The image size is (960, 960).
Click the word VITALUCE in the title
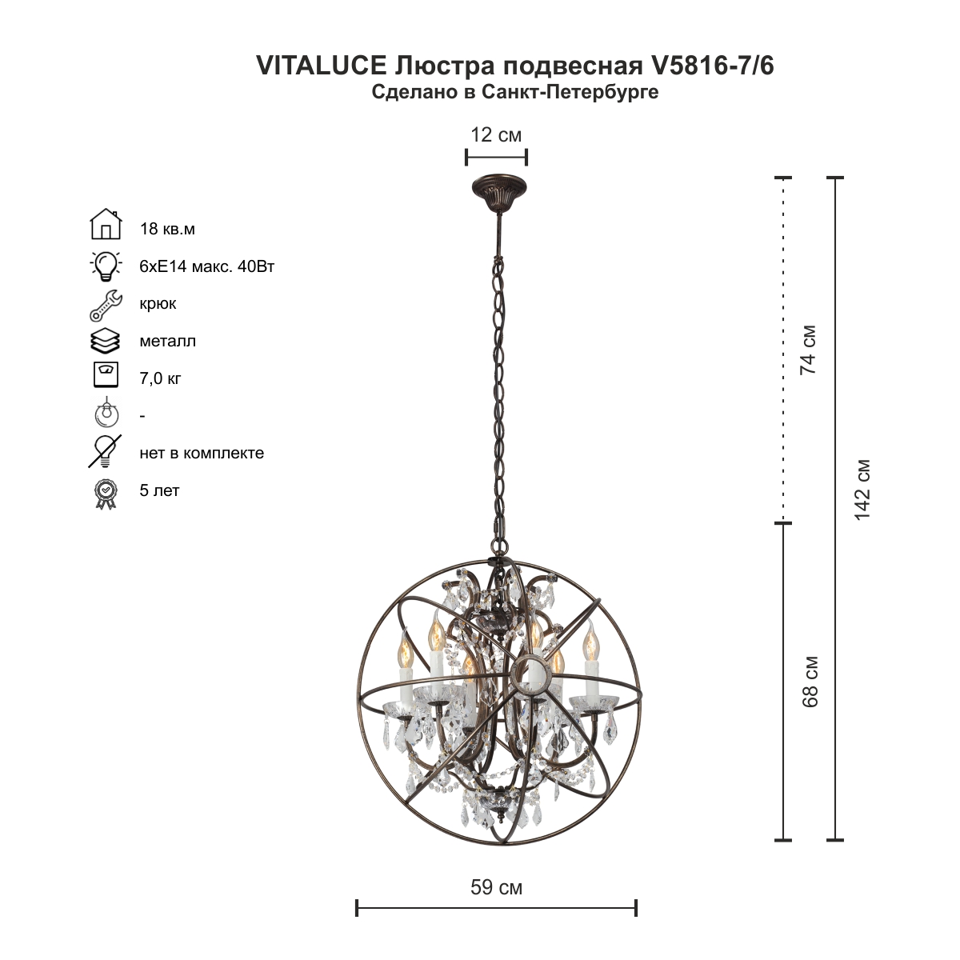pyautogui.click(x=322, y=66)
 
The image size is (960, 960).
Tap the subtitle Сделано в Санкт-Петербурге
pyautogui.click(x=515, y=92)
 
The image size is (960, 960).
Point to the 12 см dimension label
pyautogui.click(x=496, y=134)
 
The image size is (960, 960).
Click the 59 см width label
pyautogui.click(x=496, y=887)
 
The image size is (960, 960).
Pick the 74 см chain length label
pyautogui.click(x=808, y=350)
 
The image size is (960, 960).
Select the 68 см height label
pyautogui.click(x=810, y=682)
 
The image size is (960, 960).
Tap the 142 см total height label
pyautogui.click(x=862, y=490)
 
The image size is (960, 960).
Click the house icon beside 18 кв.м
pyautogui.click(x=106, y=224)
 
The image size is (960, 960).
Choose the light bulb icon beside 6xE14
pyautogui.click(x=106, y=266)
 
